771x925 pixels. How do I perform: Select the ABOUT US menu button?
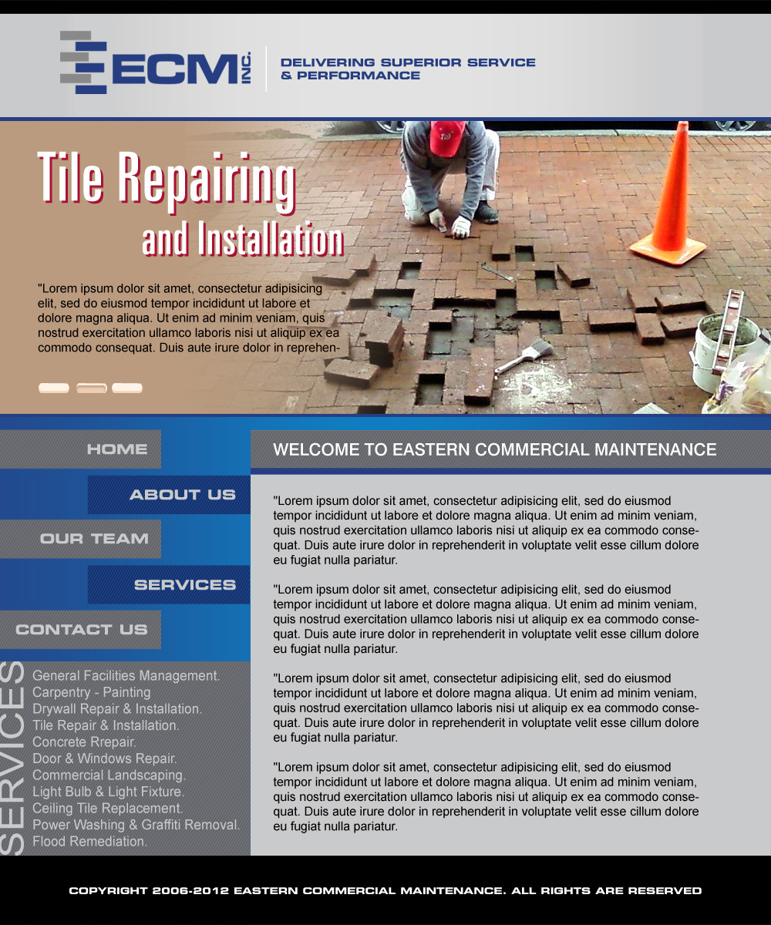[x=182, y=495]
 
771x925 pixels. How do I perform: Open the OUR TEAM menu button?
[x=94, y=540]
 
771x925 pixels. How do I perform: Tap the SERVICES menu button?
[x=184, y=585]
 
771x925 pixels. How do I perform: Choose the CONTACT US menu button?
[x=81, y=630]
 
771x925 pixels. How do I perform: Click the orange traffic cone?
[x=669, y=200]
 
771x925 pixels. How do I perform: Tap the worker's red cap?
[x=446, y=137]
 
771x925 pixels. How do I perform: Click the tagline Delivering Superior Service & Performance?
[x=407, y=69]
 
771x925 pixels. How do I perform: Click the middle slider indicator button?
[x=91, y=388]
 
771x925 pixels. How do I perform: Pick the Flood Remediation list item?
[x=89, y=842]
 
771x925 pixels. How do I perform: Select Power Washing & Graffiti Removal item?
[x=136, y=825]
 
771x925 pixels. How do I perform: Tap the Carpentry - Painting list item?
[x=91, y=692]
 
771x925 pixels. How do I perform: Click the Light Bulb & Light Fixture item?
[x=108, y=792]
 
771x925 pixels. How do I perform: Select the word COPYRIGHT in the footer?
[x=108, y=891]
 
